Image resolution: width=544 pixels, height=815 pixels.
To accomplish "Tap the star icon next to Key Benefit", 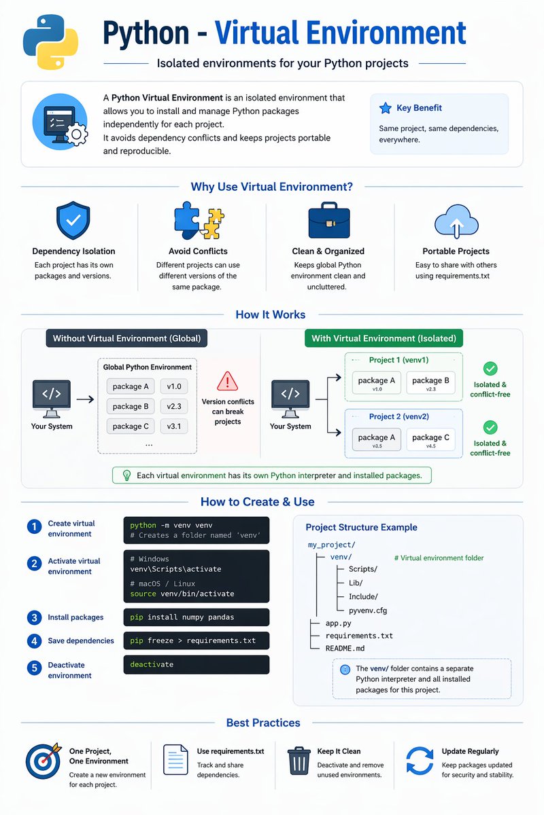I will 385,108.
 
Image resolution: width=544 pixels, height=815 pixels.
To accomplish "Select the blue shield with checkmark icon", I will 73,220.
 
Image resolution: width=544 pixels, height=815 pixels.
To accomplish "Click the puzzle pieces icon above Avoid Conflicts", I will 199,221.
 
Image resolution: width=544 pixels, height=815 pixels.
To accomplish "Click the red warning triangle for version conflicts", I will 227,381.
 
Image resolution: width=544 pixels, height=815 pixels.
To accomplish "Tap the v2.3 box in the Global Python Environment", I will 174,406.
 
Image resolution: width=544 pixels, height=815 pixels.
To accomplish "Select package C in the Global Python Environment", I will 131,427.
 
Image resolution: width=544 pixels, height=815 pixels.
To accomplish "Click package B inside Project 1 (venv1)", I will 430,382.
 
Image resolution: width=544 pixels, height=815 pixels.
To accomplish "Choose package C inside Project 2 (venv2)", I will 430,439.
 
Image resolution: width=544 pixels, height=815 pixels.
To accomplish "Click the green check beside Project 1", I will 490,369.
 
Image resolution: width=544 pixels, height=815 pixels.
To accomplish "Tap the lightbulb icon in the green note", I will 126,475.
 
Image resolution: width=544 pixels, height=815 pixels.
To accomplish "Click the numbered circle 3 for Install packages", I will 34,617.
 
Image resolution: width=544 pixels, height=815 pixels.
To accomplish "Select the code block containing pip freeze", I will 196,640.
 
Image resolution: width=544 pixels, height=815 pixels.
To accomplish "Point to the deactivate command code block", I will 196,664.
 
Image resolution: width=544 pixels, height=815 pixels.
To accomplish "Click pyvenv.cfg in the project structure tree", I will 368,611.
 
